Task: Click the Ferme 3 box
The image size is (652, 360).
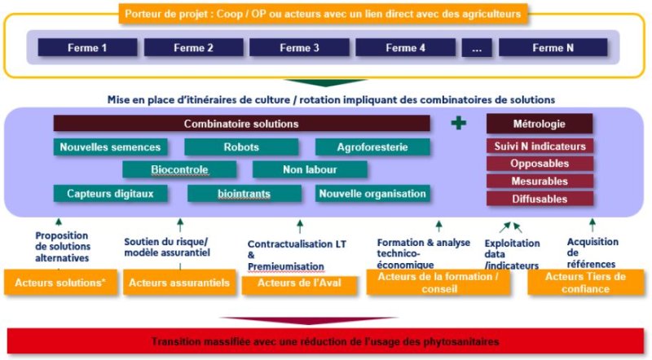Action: [x=299, y=47]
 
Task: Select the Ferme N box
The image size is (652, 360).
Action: [x=553, y=47]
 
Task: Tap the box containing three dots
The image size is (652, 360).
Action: [x=477, y=47]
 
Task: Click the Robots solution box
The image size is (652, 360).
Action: [x=241, y=147]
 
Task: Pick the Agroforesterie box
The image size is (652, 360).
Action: [x=372, y=147]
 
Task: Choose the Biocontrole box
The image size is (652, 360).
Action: [x=179, y=169]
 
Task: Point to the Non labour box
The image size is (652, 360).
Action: [x=310, y=169]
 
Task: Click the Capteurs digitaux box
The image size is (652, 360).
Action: [x=110, y=194]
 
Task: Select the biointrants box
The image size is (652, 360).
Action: [x=244, y=194]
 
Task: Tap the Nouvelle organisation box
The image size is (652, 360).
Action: [x=372, y=194]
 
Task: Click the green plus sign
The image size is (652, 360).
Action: [x=458, y=123]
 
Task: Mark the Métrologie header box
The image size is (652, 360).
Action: [x=540, y=124]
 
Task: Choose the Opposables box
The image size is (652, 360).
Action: [x=540, y=164]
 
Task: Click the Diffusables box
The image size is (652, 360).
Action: [x=540, y=199]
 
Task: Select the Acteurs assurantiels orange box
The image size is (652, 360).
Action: [x=179, y=283]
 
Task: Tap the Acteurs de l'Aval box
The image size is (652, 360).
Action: [x=299, y=285]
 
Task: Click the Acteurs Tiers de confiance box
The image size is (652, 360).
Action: [x=585, y=283]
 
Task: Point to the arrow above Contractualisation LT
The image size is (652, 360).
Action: [x=300, y=226]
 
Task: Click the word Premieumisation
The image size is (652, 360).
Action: [x=286, y=266]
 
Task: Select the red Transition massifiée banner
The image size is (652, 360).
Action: [x=325, y=342]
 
